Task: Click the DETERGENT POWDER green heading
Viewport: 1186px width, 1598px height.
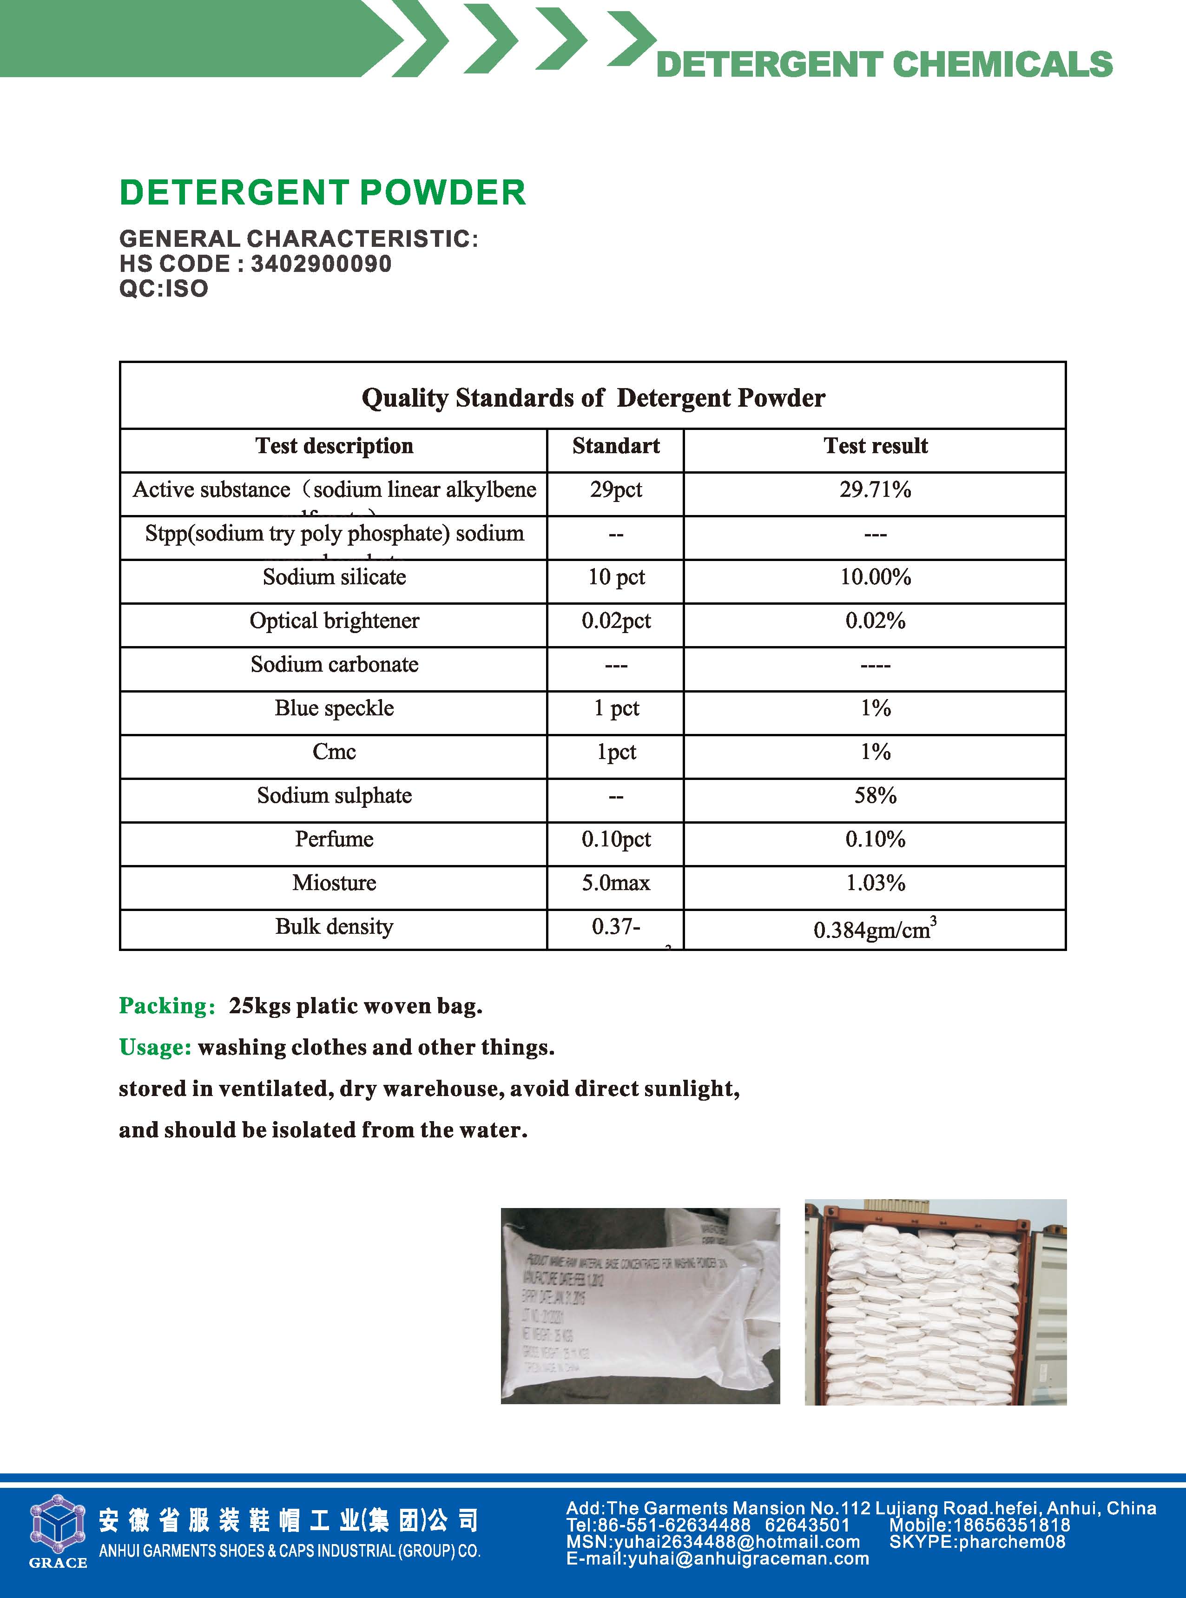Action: click(323, 192)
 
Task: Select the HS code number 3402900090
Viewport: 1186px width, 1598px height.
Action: click(321, 264)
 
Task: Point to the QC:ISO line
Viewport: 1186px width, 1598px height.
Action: click(164, 289)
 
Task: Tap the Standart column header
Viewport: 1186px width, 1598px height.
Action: click(615, 446)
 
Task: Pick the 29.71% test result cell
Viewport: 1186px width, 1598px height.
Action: click(875, 489)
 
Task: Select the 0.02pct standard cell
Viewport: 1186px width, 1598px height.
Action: click(615, 621)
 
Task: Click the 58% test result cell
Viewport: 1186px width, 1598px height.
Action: click(875, 795)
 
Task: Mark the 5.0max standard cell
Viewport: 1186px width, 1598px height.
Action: click(615, 883)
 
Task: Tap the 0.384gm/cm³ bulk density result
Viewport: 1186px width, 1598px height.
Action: click(875, 930)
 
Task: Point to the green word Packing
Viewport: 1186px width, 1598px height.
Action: click(166, 1006)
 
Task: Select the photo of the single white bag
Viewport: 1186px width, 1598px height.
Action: click(639, 1305)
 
